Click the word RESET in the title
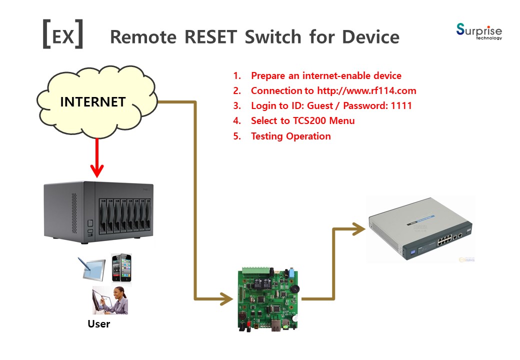(210, 36)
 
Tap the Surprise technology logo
(479, 31)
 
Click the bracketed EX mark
(62, 34)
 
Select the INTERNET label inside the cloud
(93, 102)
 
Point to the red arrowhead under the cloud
(97, 170)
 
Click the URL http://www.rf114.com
(366, 90)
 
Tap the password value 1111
(401, 105)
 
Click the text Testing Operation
(291, 136)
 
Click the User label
(99, 324)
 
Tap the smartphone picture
(121, 268)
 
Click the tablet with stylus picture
(92, 268)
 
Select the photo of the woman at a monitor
(110, 300)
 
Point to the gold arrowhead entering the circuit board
(227, 298)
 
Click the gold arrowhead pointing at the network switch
(359, 228)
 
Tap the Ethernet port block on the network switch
(444, 239)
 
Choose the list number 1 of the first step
(237, 75)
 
